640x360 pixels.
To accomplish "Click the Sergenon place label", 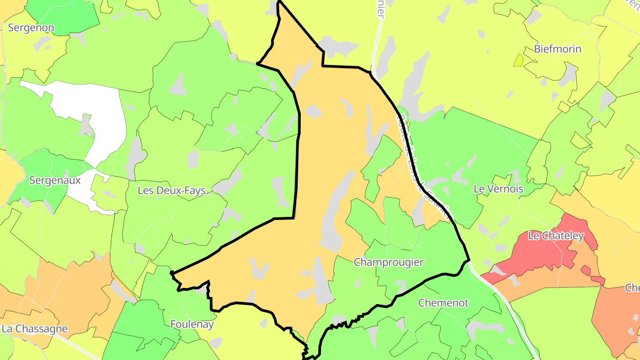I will (x=31, y=28).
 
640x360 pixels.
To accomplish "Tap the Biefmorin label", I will (x=557, y=49).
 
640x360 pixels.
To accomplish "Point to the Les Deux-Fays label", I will (x=172, y=191).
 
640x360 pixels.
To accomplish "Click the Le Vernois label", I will (x=498, y=189).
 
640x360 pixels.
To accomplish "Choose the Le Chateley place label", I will (x=556, y=236).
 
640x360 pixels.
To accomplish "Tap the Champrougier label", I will (x=388, y=262).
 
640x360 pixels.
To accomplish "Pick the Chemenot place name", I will (x=443, y=303).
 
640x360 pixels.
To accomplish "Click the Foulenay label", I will (x=192, y=324).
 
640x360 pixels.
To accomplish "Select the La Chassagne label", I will (x=35, y=329).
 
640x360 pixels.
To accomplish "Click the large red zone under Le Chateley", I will (x=533, y=258).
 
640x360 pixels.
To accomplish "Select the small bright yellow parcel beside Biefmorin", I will (x=518, y=60).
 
